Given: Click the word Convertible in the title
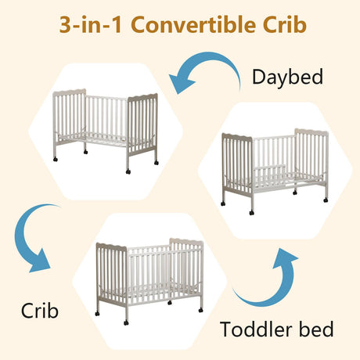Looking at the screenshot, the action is click(x=193, y=24).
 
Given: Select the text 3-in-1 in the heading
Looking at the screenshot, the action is click(x=91, y=24).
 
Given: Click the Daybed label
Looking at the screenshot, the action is click(x=287, y=77).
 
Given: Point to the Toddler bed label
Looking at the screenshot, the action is click(x=277, y=329).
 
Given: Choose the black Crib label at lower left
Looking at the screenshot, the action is click(x=40, y=311).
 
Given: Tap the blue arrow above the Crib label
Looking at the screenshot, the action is click(x=31, y=240).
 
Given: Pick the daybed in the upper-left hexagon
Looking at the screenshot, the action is click(x=106, y=131).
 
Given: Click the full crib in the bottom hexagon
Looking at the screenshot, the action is click(x=149, y=281).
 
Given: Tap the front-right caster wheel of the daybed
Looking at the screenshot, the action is click(x=128, y=171).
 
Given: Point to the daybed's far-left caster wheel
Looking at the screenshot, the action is click(x=55, y=159).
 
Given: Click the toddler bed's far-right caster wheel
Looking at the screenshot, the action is click(x=326, y=200).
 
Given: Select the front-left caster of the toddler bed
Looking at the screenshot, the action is click(x=251, y=213).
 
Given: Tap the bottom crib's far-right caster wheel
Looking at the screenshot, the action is click(x=200, y=310).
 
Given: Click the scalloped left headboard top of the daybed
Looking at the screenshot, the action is click(x=70, y=92).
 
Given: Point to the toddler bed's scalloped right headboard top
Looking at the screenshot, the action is click(x=311, y=131).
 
